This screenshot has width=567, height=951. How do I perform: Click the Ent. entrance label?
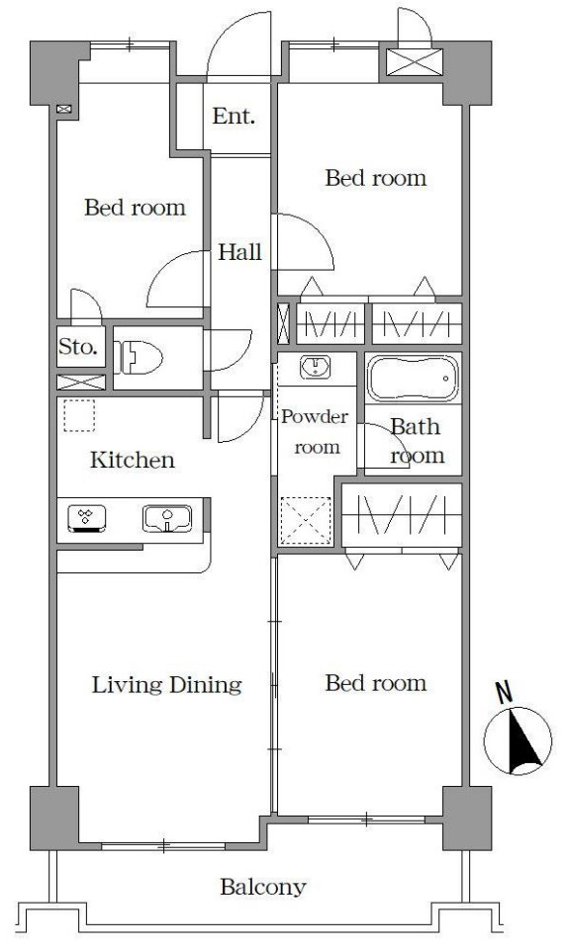234,116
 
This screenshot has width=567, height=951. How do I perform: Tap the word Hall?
239,252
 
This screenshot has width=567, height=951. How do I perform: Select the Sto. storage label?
78,347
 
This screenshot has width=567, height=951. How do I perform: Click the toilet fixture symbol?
141,358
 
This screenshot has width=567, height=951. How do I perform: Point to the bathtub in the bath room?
413,378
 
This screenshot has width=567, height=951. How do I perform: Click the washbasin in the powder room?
315,368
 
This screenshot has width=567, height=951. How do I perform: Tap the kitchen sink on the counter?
167,519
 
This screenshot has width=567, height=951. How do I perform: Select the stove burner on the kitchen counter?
87,519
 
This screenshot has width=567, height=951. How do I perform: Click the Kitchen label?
133,460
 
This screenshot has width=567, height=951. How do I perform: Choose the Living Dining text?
167,685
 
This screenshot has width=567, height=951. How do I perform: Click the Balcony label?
263,888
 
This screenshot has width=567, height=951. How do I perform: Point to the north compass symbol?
518,740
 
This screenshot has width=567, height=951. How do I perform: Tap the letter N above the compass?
504,693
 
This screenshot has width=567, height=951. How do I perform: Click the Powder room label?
315,432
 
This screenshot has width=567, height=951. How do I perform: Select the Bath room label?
417,441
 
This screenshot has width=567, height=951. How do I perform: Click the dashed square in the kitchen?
79,415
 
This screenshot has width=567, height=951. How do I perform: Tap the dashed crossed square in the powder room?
306,520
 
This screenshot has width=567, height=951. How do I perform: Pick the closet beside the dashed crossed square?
402,515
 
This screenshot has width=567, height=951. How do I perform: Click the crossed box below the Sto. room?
81,383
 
